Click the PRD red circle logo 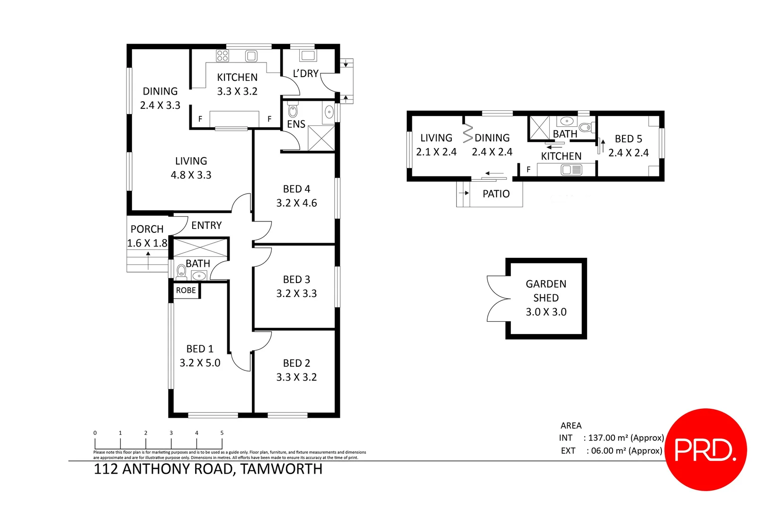(x=705, y=449)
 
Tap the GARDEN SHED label (x=546, y=291)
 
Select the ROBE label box (x=186, y=291)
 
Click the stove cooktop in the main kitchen (x=222, y=56)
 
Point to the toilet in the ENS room (x=293, y=111)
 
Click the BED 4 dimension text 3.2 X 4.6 (x=296, y=203)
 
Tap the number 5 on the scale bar (x=222, y=433)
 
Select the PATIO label (x=496, y=194)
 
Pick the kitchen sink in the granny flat (x=571, y=169)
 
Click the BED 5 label (x=628, y=139)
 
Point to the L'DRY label (x=305, y=74)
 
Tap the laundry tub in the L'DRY (x=308, y=56)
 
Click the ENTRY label (x=206, y=225)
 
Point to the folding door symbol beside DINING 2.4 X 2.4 (x=468, y=133)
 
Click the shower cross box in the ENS (x=321, y=138)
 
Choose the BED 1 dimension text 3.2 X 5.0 (x=200, y=363)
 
